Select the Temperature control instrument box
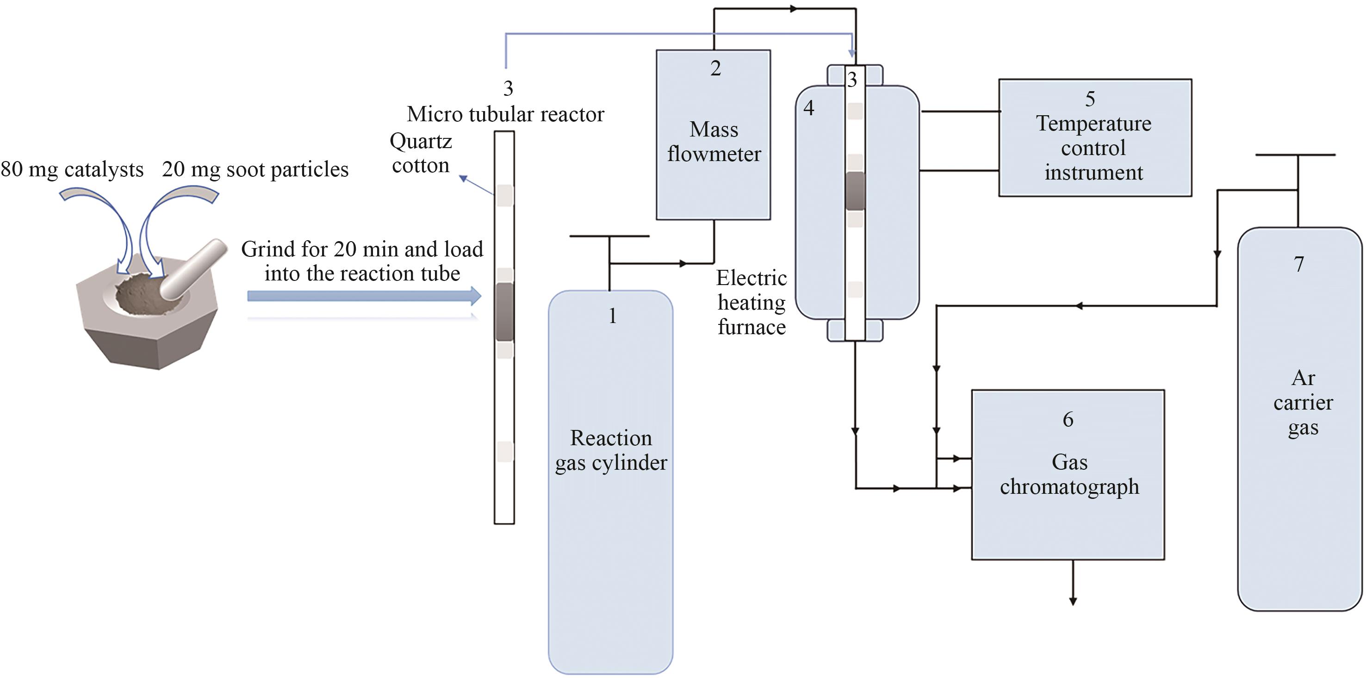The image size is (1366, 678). coord(1094,138)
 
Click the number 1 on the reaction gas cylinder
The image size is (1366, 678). coord(613,316)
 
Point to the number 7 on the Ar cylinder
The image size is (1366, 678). coord(1298,264)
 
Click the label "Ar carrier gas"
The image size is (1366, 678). coord(1303,403)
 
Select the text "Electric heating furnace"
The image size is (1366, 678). coord(751,302)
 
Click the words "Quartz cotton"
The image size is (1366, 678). coord(421,153)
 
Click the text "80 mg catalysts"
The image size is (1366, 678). coord(72,170)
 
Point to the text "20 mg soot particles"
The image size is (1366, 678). coord(255,170)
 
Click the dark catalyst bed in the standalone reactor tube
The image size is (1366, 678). coord(504,311)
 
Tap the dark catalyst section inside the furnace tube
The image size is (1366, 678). coord(855,191)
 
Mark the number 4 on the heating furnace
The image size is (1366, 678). coord(809,108)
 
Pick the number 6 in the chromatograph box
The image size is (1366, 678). coord(1068,420)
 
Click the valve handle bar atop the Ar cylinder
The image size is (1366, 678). coord(1295,155)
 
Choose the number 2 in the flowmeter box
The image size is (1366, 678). coord(715,68)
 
